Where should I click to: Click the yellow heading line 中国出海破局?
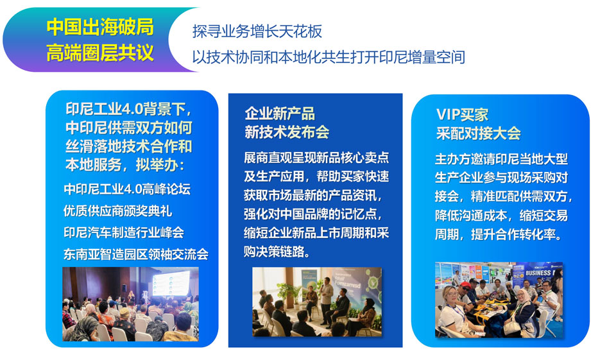pos(100,27)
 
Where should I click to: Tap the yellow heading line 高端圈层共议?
pos(100,53)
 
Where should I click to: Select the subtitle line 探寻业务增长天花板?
pos(257,31)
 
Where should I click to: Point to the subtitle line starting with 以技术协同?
pos(329,57)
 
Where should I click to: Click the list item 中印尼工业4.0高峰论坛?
pos(127,189)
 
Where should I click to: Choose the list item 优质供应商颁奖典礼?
pos(118,211)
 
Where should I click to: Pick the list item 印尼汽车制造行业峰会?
pos(124,232)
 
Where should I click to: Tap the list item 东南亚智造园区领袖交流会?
pos(136,254)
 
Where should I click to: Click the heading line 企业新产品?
pos(280,114)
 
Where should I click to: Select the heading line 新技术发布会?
pos(287,132)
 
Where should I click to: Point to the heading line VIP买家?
pos(462,115)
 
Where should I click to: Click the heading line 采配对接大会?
pos(478,133)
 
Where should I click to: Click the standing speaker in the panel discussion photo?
pos(326,301)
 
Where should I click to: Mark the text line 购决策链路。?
pos(277,252)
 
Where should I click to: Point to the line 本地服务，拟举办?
pos(124,165)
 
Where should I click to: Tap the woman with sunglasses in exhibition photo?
pos(452,311)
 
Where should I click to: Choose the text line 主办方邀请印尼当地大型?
pos(501,159)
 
